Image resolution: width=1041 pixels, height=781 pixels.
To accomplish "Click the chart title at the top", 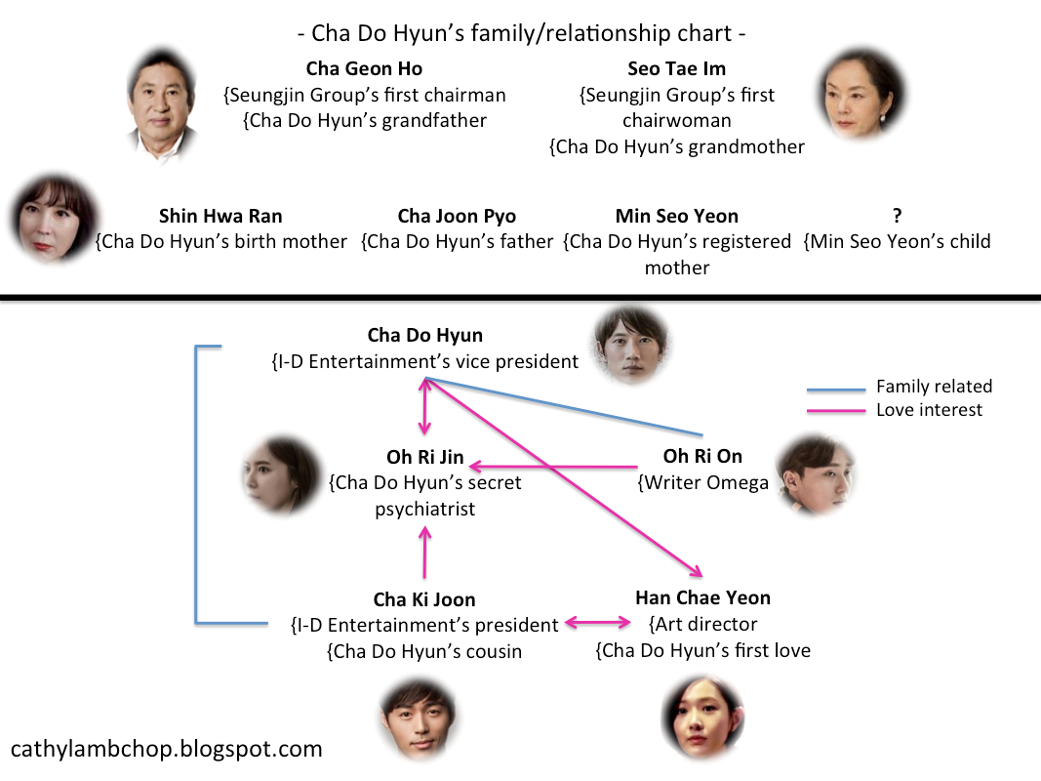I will (x=522, y=33).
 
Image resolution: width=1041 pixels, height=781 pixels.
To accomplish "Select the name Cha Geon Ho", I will (x=364, y=69).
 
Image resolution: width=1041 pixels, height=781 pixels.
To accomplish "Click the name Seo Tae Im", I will (x=676, y=69).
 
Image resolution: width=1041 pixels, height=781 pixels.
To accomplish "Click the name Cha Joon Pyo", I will (x=457, y=217).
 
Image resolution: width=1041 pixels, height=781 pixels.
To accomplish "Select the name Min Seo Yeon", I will (x=676, y=217).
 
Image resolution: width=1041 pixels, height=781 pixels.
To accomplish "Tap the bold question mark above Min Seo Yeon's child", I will (x=897, y=217).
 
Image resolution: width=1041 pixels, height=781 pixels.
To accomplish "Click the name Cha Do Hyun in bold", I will (x=424, y=336).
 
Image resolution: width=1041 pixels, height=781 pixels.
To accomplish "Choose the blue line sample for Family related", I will (x=835, y=389).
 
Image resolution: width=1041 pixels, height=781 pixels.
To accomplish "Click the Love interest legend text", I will (x=929, y=410).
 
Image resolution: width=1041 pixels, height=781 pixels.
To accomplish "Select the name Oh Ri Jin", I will (x=424, y=457).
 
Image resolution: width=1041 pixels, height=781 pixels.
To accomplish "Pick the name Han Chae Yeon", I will (x=702, y=597).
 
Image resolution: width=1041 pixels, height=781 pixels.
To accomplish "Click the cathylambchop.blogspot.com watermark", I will (x=166, y=750).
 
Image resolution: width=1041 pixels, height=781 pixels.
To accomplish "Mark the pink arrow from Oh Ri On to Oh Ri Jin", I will (x=551, y=467).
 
